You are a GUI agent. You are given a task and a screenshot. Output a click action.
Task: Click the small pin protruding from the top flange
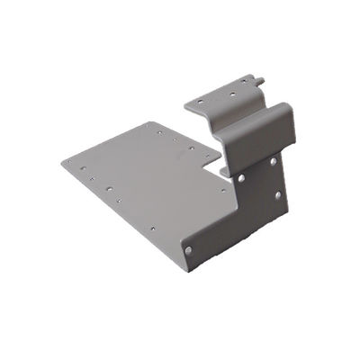tap(260, 81)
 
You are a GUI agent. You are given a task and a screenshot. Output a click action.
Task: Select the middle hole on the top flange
tap(231, 92)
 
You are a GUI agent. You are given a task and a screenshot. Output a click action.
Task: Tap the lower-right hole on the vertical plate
tap(277, 194)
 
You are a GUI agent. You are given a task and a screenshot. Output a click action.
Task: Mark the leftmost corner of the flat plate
tap(62, 161)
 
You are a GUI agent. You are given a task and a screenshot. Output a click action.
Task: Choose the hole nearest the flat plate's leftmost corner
tap(79, 166)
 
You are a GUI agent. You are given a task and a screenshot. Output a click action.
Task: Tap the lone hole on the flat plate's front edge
tap(152, 229)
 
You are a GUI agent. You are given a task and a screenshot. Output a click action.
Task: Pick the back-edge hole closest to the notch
tap(191, 148)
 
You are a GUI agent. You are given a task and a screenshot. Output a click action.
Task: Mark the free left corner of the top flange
tap(186, 104)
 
